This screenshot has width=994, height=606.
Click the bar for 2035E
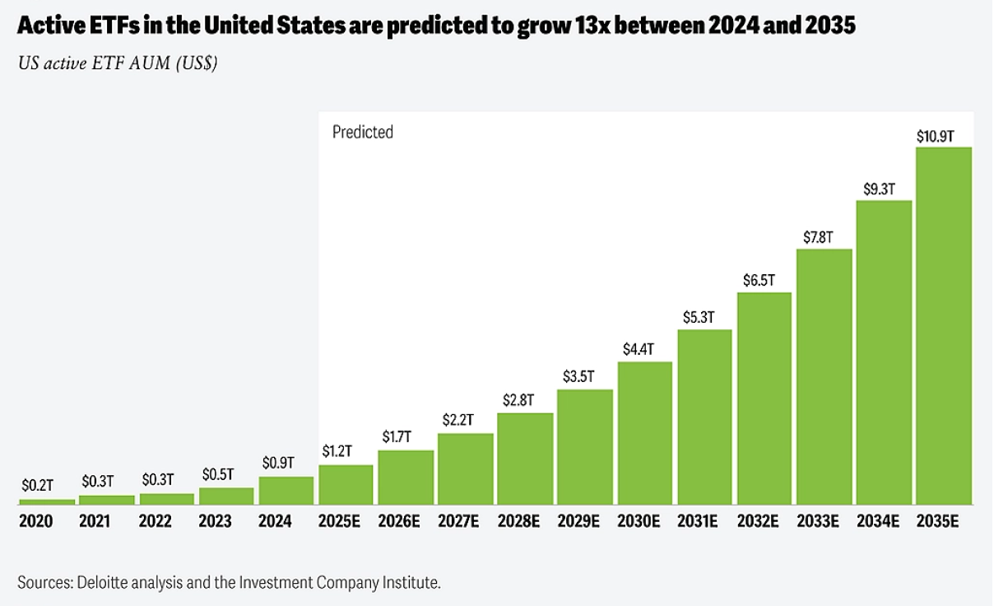point(944,325)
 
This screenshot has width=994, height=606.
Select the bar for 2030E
point(644,432)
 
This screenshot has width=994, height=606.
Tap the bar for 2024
point(286,490)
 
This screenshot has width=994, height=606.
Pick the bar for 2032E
point(764,398)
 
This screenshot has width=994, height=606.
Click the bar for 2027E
point(465,468)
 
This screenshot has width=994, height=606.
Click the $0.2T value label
point(37,486)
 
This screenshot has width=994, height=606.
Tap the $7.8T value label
point(817,237)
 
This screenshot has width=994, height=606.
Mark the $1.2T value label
point(337,451)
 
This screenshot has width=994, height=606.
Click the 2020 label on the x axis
point(35,521)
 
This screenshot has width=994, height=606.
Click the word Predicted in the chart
point(363,132)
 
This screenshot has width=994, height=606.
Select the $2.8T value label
point(518,400)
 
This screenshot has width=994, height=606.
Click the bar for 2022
point(166,499)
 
